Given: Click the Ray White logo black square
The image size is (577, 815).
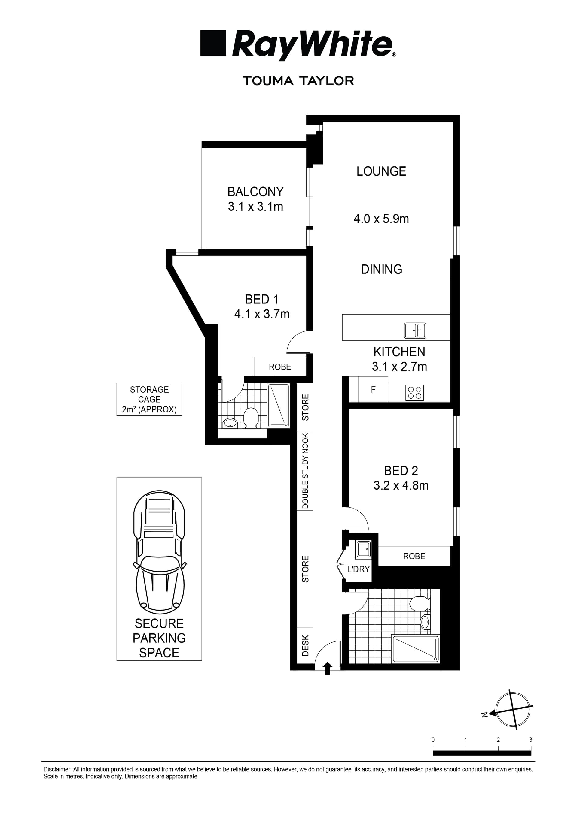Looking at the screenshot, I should point(213,43).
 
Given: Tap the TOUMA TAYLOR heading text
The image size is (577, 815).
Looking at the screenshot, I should point(298,81).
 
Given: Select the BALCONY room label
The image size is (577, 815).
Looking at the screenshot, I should point(255,192).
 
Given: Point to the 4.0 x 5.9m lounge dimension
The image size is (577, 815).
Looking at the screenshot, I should point(381,219).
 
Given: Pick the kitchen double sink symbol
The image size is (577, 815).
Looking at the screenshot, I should point(415,331).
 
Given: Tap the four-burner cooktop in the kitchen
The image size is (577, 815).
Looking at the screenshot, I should point(415,393).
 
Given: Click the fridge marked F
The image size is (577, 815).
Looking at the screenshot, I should point(373,390).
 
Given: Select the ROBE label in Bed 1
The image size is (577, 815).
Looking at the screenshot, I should point(280,367).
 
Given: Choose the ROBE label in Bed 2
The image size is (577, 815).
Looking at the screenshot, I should point(414,556).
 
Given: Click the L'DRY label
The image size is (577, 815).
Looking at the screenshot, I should point(358,569).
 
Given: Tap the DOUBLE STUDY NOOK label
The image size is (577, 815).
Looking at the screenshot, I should point(305,471).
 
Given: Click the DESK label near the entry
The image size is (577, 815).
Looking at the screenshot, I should point(305,645).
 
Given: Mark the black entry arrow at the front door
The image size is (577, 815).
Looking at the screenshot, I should point(328,668).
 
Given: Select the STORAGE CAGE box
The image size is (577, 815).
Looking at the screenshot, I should point(149,399).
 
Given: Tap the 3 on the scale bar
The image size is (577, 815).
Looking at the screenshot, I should point(531,740).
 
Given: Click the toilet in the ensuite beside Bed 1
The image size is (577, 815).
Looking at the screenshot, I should point(251,418).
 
